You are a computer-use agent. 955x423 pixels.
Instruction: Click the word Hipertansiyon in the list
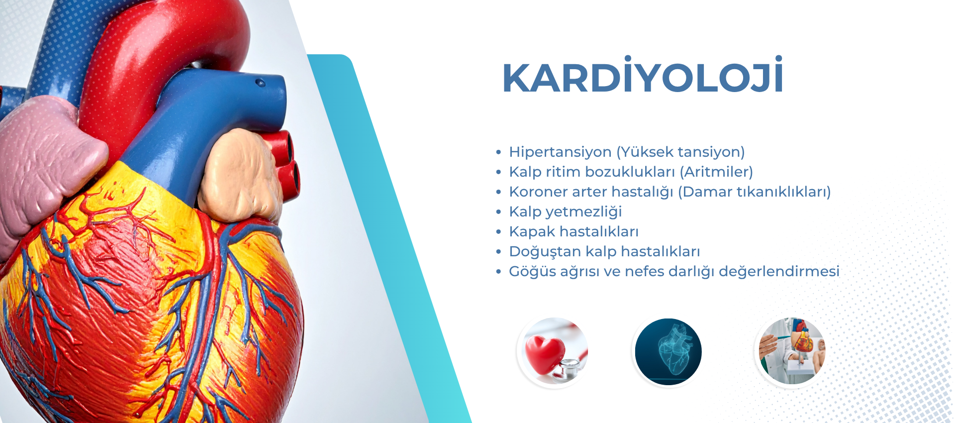(560, 152)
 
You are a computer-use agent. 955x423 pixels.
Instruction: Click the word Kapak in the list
(532, 231)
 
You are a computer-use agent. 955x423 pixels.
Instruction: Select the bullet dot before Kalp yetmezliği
(498, 212)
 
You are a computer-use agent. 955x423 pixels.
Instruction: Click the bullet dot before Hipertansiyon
(498, 152)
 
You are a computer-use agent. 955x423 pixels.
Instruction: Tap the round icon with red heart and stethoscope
(553, 352)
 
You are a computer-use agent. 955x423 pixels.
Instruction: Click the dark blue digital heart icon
(668, 352)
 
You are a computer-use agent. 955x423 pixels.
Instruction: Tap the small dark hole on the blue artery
(260, 83)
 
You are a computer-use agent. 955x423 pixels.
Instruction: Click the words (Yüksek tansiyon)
(680, 152)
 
